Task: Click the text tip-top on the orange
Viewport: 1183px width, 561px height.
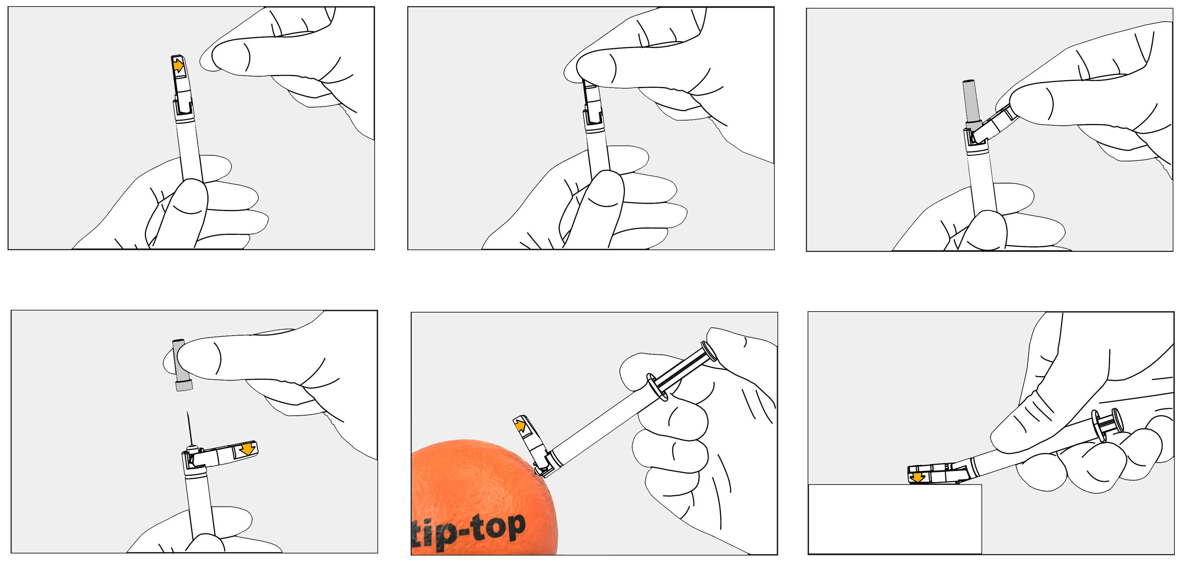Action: point(468,531)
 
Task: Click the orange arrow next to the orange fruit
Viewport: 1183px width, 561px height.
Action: point(520,426)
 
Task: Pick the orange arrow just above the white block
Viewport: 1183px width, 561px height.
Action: point(917,477)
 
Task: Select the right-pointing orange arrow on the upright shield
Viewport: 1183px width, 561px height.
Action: point(178,66)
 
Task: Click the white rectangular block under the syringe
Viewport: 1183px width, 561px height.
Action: point(895,519)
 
